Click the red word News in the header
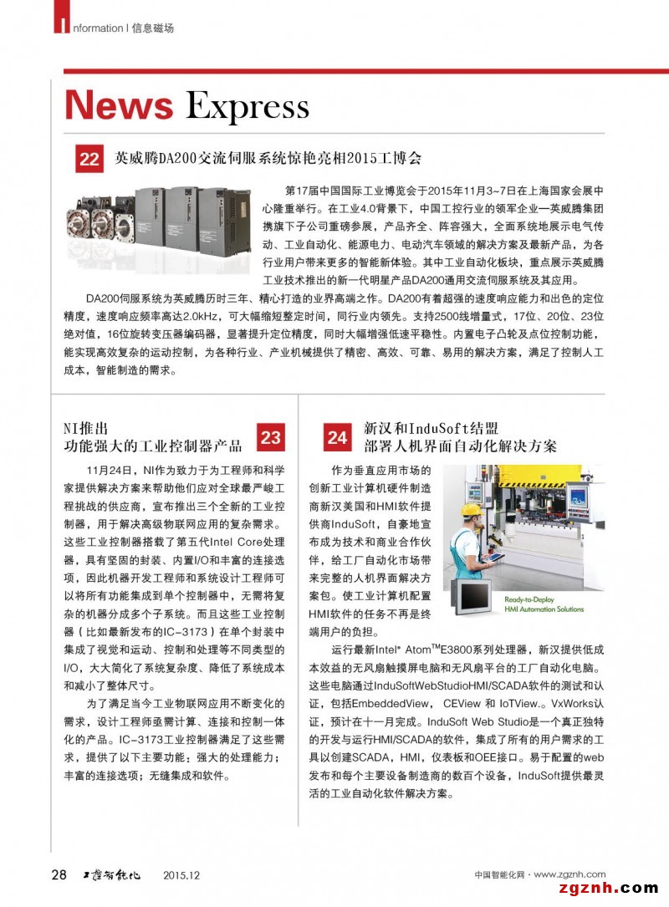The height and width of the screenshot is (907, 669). pyautogui.click(x=119, y=106)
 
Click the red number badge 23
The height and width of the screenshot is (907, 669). pyautogui.click(x=270, y=436)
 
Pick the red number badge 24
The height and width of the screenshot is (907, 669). pyautogui.click(x=337, y=437)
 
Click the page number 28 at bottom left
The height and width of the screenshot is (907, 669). pyautogui.click(x=59, y=875)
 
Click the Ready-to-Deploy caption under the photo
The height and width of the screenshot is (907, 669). pyautogui.click(x=543, y=600)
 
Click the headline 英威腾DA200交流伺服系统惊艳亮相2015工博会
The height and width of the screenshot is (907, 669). pyautogui.click(x=268, y=158)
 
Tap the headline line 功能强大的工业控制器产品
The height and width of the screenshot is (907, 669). pyautogui.click(x=153, y=446)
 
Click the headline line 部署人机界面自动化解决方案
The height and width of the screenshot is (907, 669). pyautogui.click(x=460, y=446)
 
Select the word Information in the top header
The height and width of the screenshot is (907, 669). pyautogui.click(x=93, y=28)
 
